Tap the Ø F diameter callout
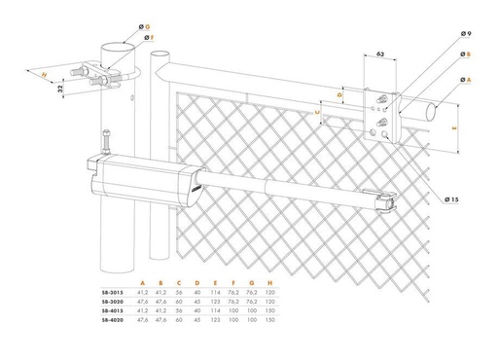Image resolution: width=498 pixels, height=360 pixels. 149,37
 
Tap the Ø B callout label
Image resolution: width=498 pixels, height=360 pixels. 467,55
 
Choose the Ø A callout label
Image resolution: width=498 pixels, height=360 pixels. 467,79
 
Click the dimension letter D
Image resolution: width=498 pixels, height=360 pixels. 339,94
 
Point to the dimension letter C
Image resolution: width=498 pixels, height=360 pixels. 320,112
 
